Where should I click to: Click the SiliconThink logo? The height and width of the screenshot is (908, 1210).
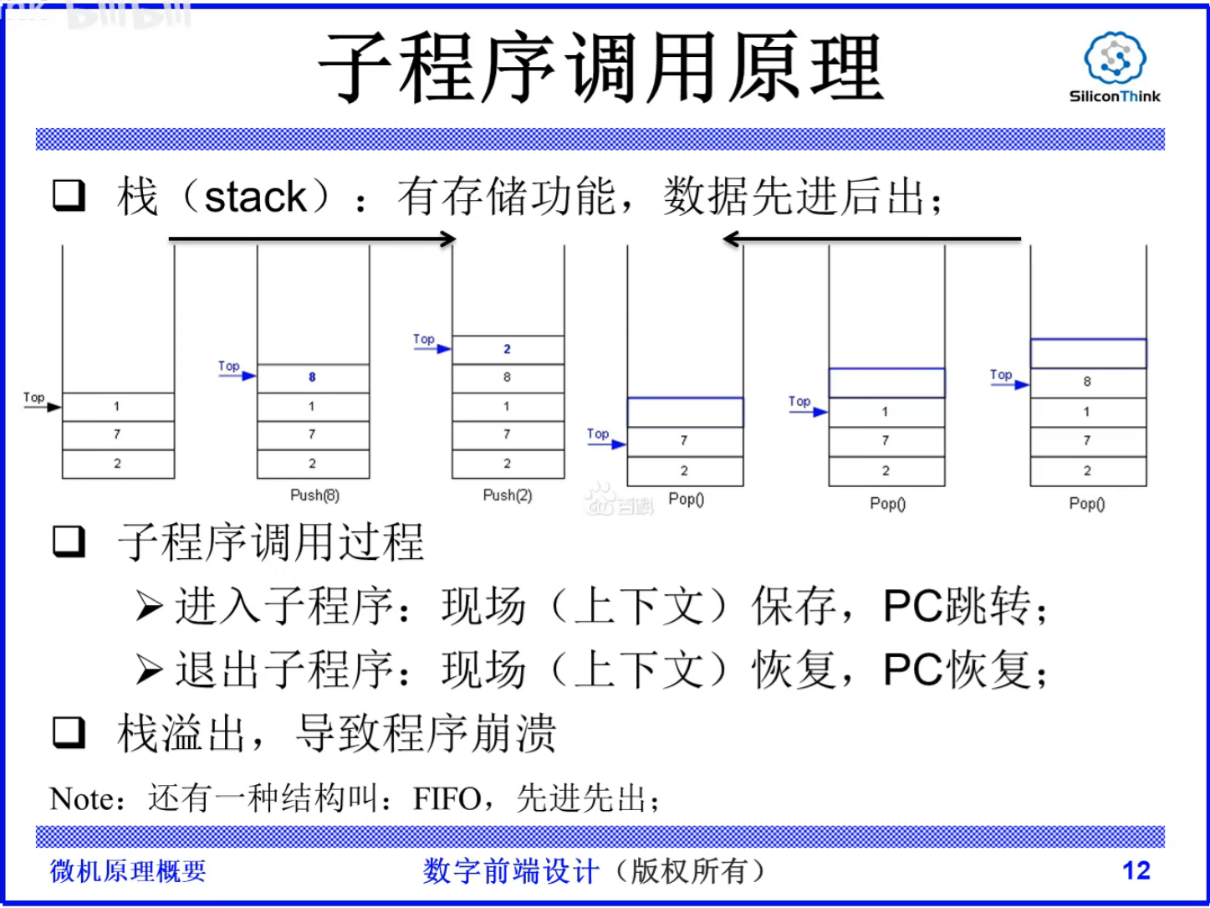pyautogui.click(x=1115, y=67)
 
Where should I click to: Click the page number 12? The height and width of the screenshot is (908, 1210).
pyautogui.click(x=1136, y=870)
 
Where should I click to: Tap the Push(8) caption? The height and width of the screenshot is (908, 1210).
pyautogui.click(x=314, y=495)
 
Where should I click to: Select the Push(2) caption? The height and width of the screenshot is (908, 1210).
pyautogui.click(x=507, y=495)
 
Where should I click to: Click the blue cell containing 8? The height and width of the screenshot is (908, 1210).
pyautogui.click(x=313, y=377)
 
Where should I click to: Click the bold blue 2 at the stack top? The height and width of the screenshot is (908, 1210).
pyautogui.click(x=507, y=349)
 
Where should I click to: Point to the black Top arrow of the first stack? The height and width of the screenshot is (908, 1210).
pyautogui.click(x=43, y=407)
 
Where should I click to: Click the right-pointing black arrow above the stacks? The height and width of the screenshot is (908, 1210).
pyautogui.click(x=312, y=239)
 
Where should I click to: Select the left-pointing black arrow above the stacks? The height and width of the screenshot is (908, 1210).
pyautogui.click(x=871, y=239)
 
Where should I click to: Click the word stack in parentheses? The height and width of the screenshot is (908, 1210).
pyautogui.click(x=255, y=198)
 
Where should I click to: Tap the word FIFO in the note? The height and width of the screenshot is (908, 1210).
pyautogui.click(x=447, y=799)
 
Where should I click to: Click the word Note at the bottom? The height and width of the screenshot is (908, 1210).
pyautogui.click(x=81, y=799)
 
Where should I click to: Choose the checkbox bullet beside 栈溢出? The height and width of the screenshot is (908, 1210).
pyautogui.click(x=69, y=731)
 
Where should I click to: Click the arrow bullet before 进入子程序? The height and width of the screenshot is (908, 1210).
pyautogui.click(x=150, y=606)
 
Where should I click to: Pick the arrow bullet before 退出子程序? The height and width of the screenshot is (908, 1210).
pyautogui.click(x=150, y=669)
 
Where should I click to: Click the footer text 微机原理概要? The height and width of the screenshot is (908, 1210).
pyautogui.click(x=128, y=871)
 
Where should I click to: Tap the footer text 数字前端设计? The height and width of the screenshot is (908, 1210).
pyautogui.click(x=510, y=871)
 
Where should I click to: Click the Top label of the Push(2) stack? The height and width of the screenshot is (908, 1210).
pyautogui.click(x=424, y=339)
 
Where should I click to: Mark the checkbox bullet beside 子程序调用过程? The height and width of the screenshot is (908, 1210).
pyautogui.click(x=69, y=541)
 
